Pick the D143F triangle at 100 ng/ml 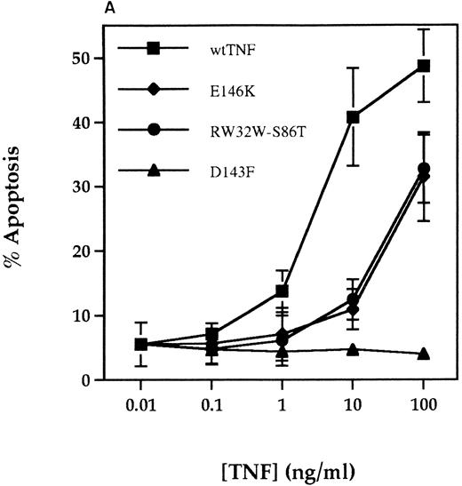[x=424, y=354]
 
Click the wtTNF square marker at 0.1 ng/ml [x=211, y=334]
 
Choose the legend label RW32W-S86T [x=234, y=129]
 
